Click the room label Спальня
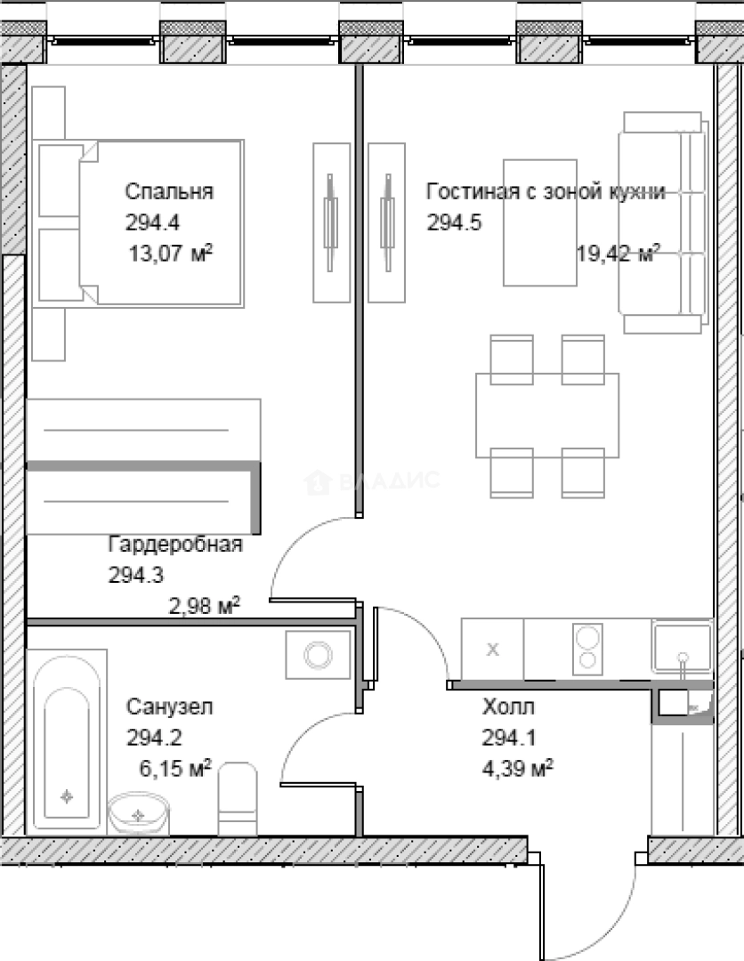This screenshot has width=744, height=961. click(x=169, y=192)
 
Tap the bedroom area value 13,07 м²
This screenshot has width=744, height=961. click(x=170, y=253)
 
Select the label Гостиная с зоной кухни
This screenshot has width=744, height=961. click(x=546, y=192)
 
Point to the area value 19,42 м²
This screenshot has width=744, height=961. click(x=618, y=253)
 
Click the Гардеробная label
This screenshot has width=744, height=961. click(x=175, y=545)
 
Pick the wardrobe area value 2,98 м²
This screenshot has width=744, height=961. click(x=204, y=606)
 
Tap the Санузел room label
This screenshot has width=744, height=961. click(x=170, y=707)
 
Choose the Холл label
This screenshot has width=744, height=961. click(x=509, y=707)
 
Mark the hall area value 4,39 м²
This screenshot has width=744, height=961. click(x=518, y=767)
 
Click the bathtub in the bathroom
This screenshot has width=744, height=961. click(x=66, y=741)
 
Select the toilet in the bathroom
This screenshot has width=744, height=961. click(x=238, y=798)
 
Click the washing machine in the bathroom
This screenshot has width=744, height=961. click(x=318, y=655)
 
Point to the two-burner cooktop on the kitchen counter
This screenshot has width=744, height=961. click(x=587, y=649)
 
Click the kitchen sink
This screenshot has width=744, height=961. click(x=682, y=647)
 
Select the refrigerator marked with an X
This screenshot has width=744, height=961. click(x=492, y=649)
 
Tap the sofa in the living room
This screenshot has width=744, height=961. click(x=663, y=223)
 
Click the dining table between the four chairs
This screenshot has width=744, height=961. click(x=547, y=416)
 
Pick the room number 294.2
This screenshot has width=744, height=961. click(x=155, y=738)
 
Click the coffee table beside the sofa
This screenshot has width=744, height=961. click(x=540, y=223)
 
